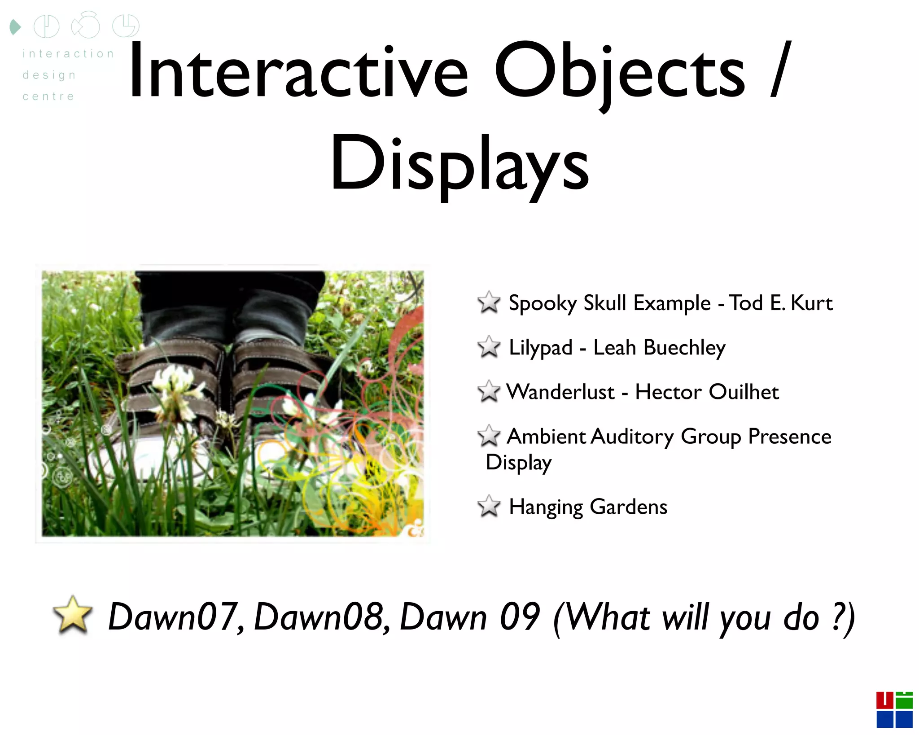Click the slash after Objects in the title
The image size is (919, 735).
coord(781,70)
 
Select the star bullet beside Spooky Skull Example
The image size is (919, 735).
coord(489,302)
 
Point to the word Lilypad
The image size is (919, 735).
coord(540,348)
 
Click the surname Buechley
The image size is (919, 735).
coord(684,348)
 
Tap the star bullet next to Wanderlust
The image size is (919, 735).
coord(489,391)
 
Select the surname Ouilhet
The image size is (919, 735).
coord(744,392)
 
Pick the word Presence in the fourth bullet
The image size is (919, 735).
coord(789,436)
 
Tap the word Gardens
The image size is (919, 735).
coord(628,507)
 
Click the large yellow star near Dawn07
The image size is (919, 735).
coord(72,615)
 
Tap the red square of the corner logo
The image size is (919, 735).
coord(884,700)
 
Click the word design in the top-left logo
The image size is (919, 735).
coord(49,75)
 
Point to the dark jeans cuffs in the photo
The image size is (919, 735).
coord(229,310)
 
